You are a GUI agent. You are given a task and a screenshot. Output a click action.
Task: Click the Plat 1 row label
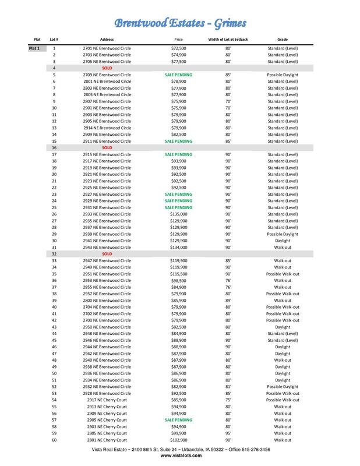click(34, 49)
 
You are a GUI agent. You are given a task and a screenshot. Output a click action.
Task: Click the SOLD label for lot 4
click(107, 69)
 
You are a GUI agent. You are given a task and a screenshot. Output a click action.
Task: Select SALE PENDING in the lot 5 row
click(178, 75)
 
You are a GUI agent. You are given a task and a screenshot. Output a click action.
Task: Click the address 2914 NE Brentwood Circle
click(107, 128)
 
